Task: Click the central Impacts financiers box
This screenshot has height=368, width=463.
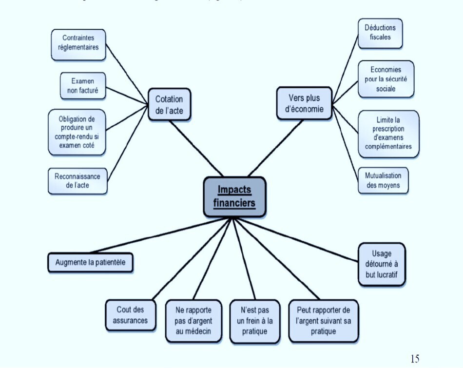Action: [234, 196]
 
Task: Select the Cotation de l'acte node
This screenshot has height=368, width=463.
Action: [169, 105]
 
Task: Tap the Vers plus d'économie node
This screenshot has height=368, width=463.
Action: [304, 103]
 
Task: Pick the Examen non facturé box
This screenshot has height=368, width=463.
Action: [82, 85]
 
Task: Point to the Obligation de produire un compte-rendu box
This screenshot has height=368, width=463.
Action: [77, 132]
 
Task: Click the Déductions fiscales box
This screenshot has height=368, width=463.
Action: [380, 33]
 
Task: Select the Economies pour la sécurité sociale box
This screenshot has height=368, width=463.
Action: [386, 79]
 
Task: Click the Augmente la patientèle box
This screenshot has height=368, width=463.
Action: [91, 262]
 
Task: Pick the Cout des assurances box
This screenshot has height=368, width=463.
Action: [130, 315]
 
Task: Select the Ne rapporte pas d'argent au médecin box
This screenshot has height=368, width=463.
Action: [193, 320]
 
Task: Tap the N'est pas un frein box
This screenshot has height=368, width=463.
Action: [255, 320]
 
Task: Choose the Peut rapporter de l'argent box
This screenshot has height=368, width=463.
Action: [323, 320]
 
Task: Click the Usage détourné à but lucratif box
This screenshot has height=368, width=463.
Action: [382, 264]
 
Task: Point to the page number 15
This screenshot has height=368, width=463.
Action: [414, 359]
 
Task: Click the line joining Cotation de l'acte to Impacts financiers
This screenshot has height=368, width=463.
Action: [198, 148]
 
